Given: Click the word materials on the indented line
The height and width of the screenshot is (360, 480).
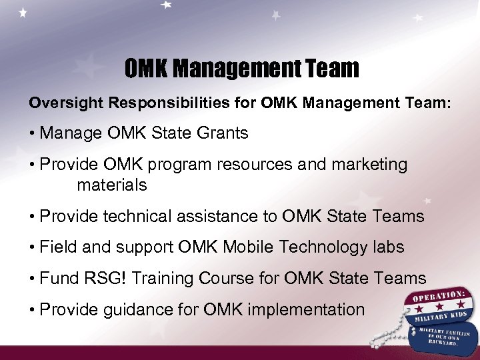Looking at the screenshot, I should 112,185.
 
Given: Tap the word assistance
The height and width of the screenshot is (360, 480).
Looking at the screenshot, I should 215,216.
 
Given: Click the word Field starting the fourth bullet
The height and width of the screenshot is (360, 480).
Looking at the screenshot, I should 59,247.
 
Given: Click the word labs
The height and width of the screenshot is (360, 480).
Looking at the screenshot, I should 387,247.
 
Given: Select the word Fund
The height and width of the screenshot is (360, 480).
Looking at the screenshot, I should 58,279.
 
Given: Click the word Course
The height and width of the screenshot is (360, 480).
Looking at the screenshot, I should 233,279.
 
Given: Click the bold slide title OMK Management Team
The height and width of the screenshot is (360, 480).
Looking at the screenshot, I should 241,68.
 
